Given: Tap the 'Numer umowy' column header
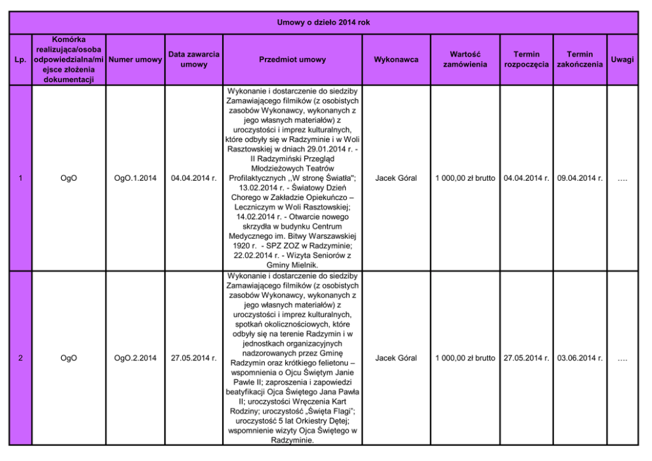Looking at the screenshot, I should (135, 60).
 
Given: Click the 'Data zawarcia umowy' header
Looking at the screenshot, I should (194, 60).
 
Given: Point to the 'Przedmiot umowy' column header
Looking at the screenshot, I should (292, 60).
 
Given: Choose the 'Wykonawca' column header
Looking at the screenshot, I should (396, 60).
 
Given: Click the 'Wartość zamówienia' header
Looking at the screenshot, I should (465, 60).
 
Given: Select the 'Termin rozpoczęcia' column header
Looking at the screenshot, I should (526, 60).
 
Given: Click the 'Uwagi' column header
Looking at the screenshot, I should (622, 60).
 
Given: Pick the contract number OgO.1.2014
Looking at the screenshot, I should (135, 178).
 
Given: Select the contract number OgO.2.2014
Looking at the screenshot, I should (135, 358).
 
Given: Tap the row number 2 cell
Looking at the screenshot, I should (20, 358).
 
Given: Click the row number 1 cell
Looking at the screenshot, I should (20, 178).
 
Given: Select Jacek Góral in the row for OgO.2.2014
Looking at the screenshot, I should (396, 358).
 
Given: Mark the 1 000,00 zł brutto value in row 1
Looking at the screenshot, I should (465, 178).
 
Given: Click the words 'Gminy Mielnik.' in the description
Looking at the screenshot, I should (292, 264).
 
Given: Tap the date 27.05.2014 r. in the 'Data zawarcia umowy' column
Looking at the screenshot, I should (194, 358).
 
